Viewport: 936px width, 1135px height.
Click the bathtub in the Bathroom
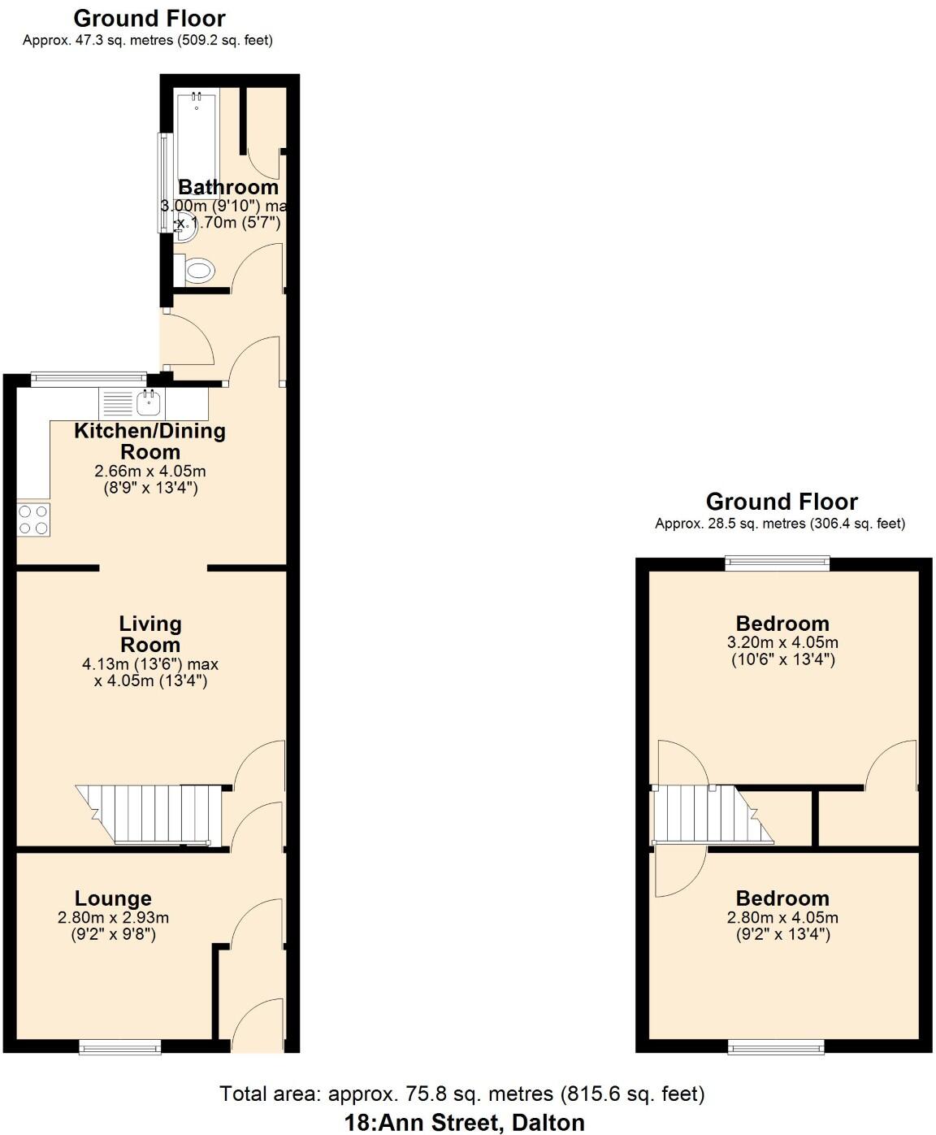tap(197, 138)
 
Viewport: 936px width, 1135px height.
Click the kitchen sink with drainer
tap(130, 402)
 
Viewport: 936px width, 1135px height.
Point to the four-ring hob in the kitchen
tap(33, 520)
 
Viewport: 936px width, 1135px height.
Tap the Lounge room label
tap(113, 898)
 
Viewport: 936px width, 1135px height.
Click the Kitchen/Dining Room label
tap(150, 441)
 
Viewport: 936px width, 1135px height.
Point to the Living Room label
tap(150, 634)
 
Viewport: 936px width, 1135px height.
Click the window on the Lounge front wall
tap(119, 1048)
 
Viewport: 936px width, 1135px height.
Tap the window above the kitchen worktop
tap(89, 377)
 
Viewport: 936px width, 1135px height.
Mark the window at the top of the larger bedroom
tap(778, 562)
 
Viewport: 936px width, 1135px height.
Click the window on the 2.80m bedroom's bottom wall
tap(777, 1047)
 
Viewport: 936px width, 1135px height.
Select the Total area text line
tap(461, 1094)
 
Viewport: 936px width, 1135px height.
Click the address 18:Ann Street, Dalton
tap(464, 1123)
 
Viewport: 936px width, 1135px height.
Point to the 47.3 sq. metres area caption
tap(147, 40)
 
